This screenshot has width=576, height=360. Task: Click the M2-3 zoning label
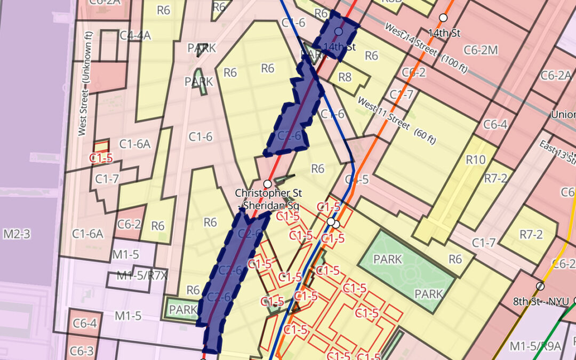tap(18, 234)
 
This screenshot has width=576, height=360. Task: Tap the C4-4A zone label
tap(135, 35)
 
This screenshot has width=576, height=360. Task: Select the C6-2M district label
tap(481, 50)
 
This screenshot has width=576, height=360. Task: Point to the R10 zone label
tap(476, 159)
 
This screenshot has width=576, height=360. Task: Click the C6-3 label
tap(83, 351)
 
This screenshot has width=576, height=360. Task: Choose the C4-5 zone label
tap(357, 179)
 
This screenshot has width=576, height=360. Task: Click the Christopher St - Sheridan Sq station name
tap(268, 198)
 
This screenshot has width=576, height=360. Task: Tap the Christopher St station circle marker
tap(268, 183)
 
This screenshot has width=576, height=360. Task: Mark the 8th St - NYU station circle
tap(540, 286)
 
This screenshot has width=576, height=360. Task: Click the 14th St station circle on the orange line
tap(443, 18)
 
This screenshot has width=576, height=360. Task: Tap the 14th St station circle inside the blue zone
tap(338, 31)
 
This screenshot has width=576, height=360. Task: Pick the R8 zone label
tap(345, 77)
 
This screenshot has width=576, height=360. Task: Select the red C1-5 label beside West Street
tap(101, 158)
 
